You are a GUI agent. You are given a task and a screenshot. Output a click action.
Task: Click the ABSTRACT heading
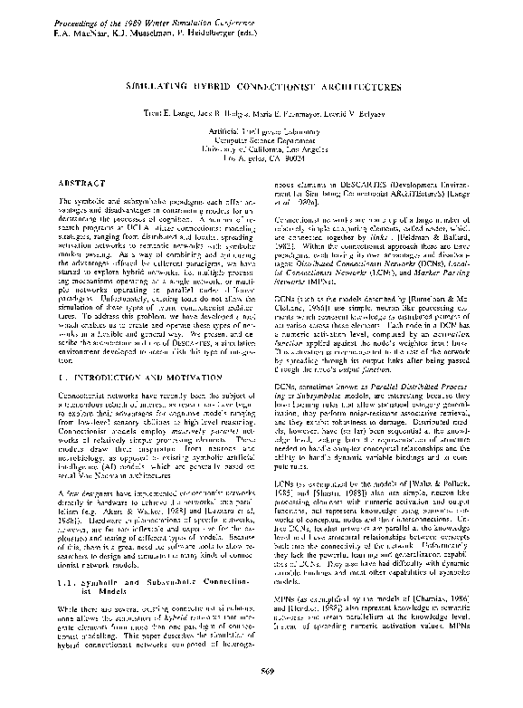[81, 182]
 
